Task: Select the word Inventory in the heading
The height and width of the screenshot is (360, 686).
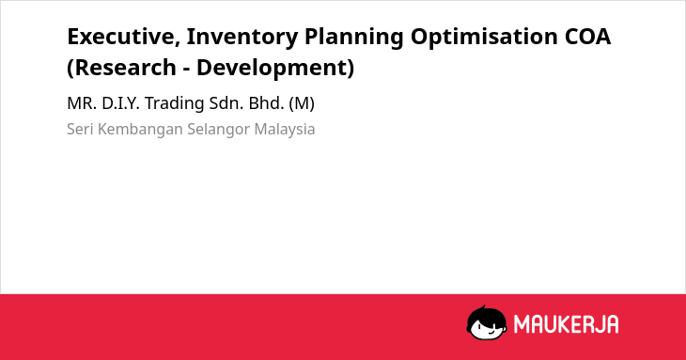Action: pyautogui.click(x=242, y=38)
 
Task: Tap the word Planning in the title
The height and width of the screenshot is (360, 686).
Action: pyautogui.click(x=353, y=38)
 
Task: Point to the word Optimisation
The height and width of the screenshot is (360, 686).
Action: pyautogui.click(x=484, y=38)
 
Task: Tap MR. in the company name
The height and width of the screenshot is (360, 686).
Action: pyautogui.click(x=82, y=103)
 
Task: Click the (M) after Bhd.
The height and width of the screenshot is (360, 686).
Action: pyautogui.click(x=302, y=104)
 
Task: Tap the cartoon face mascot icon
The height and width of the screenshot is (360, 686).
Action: pyautogui.click(x=487, y=322)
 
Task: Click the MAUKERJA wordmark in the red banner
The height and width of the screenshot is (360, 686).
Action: pyautogui.click(x=566, y=324)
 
